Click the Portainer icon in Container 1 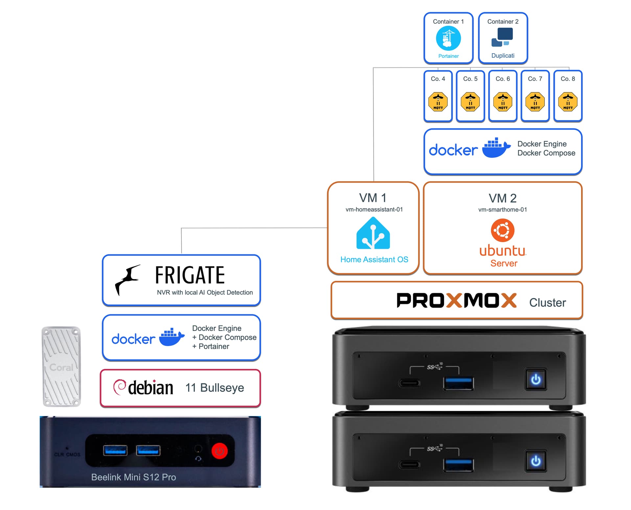[x=448, y=38]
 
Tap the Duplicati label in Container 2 [x=502, y=56]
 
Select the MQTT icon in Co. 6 [x=502, y=102]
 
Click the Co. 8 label [x=568, y=79]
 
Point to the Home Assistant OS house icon [x=373, y=233]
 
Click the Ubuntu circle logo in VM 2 [x=502, y=230]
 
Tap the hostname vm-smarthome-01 [x=502, y=210]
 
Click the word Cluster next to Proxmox [x=547, y=302]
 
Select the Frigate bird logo [x=127, y=279]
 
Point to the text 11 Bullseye [x=215, y=388]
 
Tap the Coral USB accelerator [x=61, y=367]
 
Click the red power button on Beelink [x=219, y=451]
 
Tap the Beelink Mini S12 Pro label [x=133, y=477]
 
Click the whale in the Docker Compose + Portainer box [x=172, y=337]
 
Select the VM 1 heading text [x=373, y=198]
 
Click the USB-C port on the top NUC [x=409, y=383]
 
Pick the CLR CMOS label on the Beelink [x=67, y=454]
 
